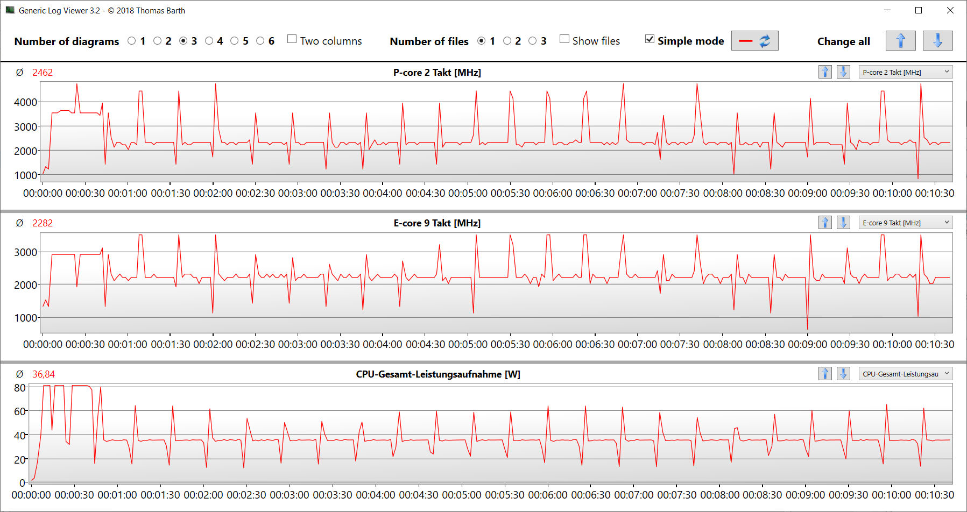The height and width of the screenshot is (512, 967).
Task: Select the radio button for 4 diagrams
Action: (x=209, y=41)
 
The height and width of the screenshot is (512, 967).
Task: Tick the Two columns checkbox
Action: (x=292, y=39)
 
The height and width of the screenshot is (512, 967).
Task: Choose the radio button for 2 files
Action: (x=507, y=41)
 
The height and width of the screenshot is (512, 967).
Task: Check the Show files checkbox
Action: (x=564, y=39)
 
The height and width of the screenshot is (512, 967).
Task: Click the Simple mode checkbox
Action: (x=650, y=39)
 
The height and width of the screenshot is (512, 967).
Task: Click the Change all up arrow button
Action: (x=900, y=41)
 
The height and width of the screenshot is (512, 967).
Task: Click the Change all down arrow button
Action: (x=937, y=41)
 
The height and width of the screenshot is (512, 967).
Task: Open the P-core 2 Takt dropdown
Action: (x=905, y=72)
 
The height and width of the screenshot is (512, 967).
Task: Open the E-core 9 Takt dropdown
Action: (x=905, y=223)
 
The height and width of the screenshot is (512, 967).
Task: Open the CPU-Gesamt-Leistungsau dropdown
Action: (x=905, y=374)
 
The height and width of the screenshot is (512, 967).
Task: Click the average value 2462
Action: (x=43, y=73)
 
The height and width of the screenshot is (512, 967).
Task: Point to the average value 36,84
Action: (x=44, y=374)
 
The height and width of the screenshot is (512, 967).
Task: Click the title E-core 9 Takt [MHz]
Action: (x=437, y=223)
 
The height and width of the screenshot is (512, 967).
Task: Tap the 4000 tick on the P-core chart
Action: (x=25, y=102)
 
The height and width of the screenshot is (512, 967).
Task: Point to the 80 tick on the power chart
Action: (x=20, y=388)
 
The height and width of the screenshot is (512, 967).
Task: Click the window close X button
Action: (x=950, y=10)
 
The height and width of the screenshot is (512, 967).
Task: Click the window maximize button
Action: (x=919, y=10)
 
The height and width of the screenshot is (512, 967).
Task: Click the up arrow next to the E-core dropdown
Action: (x=825, y=223)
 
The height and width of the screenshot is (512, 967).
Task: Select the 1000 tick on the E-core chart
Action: (x=25, y=318)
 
